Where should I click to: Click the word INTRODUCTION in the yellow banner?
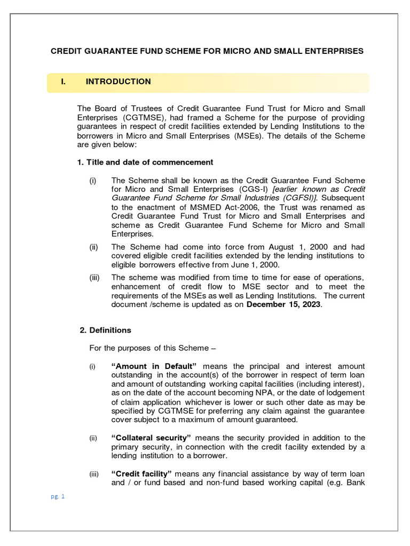[118, 82]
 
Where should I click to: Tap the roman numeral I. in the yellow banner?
[64, 82]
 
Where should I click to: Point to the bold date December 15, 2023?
[284, 304]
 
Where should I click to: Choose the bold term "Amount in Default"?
[154, 366]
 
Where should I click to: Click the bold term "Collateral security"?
[151, 438]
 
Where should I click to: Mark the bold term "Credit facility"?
[141, 474]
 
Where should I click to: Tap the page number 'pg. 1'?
[57, 496]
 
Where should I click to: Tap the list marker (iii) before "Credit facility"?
[94, 474]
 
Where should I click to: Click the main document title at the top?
[207, 51]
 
